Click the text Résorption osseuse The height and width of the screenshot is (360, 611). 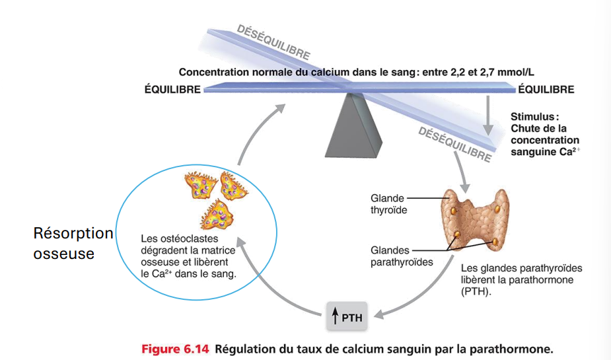point(73,243)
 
